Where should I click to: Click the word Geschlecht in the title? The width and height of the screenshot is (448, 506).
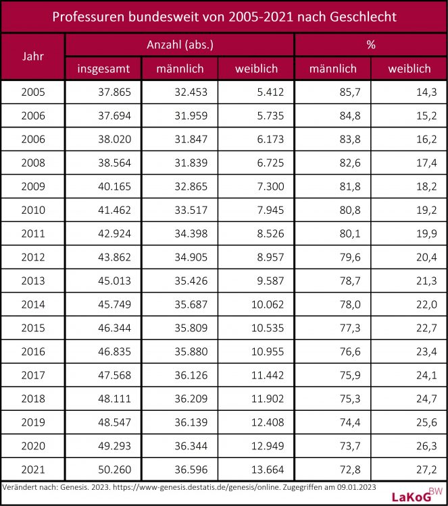[359, 16]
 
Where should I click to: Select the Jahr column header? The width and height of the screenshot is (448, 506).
[33, 56]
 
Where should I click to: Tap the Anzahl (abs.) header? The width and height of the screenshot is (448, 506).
[180, 45]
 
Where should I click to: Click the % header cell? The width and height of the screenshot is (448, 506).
[370, 45]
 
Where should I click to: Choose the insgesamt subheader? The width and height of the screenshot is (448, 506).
[103, 68]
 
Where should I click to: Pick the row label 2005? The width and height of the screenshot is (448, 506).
[33, 92]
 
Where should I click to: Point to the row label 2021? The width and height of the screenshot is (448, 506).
[33, 469]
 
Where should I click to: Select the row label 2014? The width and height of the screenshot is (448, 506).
[33, 304]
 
